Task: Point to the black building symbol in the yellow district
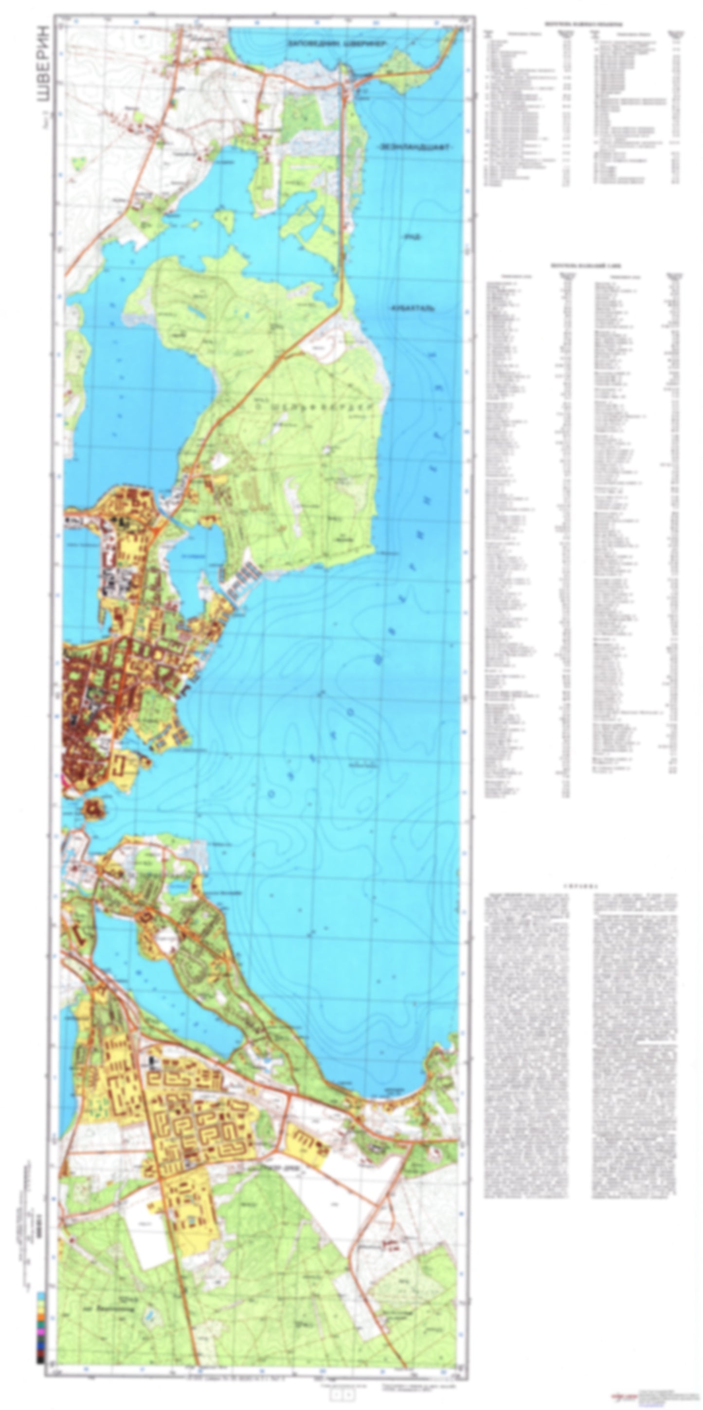click(x=152, y=1062)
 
